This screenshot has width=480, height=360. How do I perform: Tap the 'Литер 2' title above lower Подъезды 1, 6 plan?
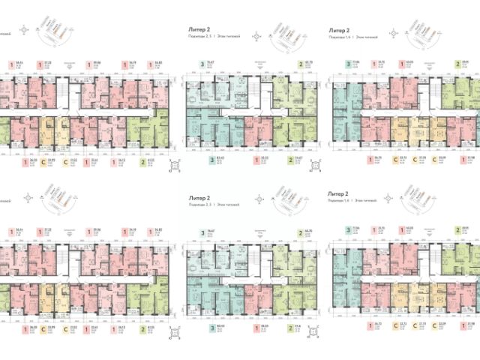[340, 193]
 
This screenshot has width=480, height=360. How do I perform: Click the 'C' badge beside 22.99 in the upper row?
[43, 159]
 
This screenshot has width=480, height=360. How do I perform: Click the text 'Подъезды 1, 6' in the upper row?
[342, 35]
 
